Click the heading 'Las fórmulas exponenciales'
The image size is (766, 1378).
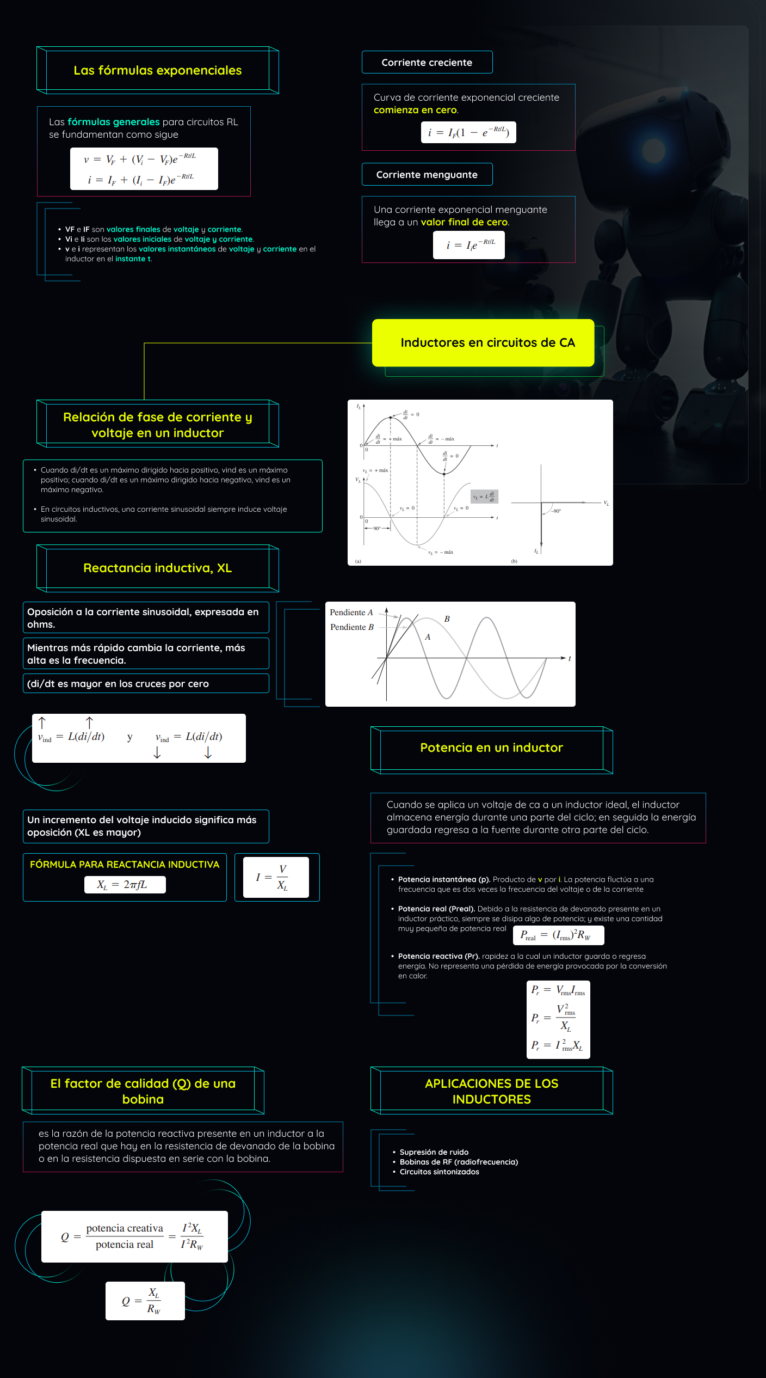pos(157,70)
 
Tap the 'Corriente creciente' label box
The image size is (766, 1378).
pos(427,63)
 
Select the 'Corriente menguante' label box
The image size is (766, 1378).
pos(427,175)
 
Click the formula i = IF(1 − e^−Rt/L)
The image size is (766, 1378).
pos(468,132)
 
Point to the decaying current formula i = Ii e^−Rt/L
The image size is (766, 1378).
pos(469,245)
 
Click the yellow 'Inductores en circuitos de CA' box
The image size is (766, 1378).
pos(483,343)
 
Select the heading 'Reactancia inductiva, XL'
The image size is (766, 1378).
pos(157,568)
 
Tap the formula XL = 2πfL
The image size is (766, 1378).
pos(125,885)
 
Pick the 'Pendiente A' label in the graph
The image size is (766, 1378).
pos(351,613)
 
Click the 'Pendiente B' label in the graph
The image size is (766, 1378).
pos(352,627)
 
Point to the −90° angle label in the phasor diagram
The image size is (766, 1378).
pos(556,511)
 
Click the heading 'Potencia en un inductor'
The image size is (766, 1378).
pos(491,748)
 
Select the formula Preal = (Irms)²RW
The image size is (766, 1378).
pos(558,935)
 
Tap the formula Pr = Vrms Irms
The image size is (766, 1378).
pos(558,990)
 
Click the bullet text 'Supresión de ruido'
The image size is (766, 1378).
pos(434,1152)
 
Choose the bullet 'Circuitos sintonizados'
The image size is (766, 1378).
pos(439,1172)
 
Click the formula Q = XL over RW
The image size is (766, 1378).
pos(145,1301)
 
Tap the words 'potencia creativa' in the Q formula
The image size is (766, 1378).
pos(125,1228)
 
